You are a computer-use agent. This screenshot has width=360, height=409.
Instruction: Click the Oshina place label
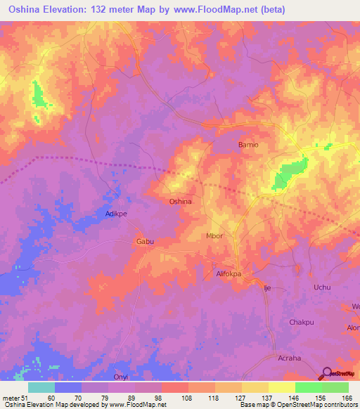[x=181, y=201]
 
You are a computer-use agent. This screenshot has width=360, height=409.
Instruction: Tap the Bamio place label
[x=249, y=145]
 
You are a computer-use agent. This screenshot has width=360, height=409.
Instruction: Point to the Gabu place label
[x=144, y=241]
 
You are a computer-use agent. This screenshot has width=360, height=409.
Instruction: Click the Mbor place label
[x=214, y=236]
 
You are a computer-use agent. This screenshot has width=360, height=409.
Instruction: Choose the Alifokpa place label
[x=229, y=276]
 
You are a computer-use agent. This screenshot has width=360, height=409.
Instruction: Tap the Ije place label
[x=267, y=287]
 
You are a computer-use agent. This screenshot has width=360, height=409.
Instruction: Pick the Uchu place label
[x=321, y=287]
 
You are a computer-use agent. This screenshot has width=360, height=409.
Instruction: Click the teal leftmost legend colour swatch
[x=41, y=387]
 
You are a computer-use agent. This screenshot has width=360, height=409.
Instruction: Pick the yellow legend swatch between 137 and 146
[x=281, y=387]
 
